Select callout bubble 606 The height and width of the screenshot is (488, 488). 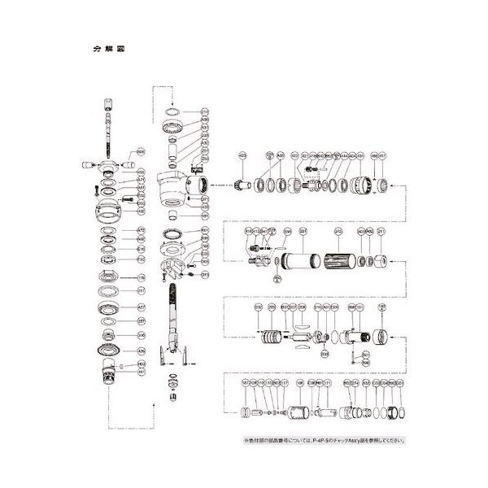(140, 152)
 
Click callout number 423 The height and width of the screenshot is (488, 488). (242, 155)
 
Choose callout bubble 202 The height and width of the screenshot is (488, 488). (337, 232)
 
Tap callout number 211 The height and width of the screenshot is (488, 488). (381, 232)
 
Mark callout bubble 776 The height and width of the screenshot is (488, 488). (140, 277)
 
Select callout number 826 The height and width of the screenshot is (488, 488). (140, 351)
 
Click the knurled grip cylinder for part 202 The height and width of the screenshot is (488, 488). (338, 263)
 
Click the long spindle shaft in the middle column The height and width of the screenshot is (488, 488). (174, 313)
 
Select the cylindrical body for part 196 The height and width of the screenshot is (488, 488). (299, 412)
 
